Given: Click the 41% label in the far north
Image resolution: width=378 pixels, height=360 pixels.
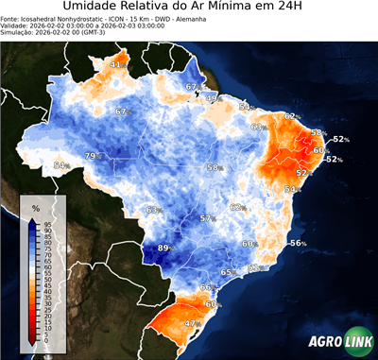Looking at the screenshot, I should point(118,64).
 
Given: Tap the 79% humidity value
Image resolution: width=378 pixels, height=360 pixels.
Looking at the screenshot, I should point(93,156).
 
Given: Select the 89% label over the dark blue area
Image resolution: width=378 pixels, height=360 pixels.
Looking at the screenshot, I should point(164,249).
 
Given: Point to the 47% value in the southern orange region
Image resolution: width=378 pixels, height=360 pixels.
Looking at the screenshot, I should point(192,323).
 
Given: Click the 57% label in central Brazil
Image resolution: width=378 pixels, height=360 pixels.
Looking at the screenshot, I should point(206,219).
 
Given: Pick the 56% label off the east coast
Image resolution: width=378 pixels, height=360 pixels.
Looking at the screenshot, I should point(298,243).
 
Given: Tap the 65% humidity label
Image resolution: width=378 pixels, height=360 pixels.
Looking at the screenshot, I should point(228,273).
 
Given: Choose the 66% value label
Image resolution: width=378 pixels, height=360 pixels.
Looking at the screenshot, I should point(207,286).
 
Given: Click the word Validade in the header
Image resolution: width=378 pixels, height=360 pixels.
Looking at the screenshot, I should point(16,26).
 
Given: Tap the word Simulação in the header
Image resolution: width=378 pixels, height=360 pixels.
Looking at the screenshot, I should point(18,34).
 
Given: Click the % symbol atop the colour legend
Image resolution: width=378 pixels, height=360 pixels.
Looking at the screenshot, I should point(36,206).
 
